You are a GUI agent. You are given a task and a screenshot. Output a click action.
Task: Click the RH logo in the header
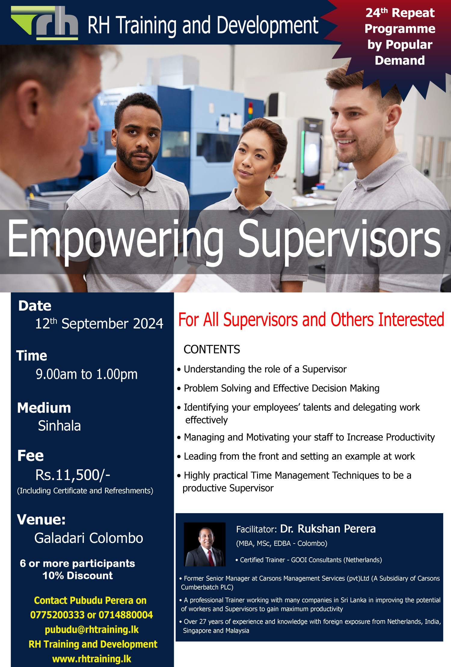pyautogui.click(x=44, y=23)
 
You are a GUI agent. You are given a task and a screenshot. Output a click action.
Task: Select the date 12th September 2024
pyautogui.click(x=99, y=324)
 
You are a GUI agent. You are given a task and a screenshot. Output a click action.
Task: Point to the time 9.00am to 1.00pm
pyautogui.click(x=87, y=374)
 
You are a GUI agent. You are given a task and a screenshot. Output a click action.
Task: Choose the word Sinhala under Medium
pyautogui.click(x=60, y=425)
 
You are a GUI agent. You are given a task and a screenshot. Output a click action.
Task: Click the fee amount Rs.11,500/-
pyautogui.click(x=73, y=475)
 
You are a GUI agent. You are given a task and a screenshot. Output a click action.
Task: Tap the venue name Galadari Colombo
pyautogui.click(x=89, y=538)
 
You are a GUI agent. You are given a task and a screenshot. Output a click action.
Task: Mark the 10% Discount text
pyautogui.click(x=78, y=576)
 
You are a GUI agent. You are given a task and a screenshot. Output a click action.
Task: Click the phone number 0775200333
pyautogui.click(x=57, y=615)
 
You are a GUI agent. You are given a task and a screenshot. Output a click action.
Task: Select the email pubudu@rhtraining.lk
pyautogui.click(x=92, y=629)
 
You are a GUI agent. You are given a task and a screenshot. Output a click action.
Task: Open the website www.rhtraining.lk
pyautogui.click(x=92, y=659)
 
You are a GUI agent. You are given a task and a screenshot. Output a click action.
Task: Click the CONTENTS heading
pyautogui.click(x=212, y=349)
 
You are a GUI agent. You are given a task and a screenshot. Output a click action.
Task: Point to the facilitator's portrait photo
pyautogui.click(x=205, y=544)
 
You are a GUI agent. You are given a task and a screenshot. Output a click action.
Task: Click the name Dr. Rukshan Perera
pyautogui.click(x=328, y=529)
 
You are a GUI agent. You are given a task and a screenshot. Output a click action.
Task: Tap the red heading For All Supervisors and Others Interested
pyautogui.click(x=311, y=319)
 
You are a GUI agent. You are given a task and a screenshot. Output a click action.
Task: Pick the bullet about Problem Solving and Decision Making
pyautogui.click(x=278, y=388)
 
